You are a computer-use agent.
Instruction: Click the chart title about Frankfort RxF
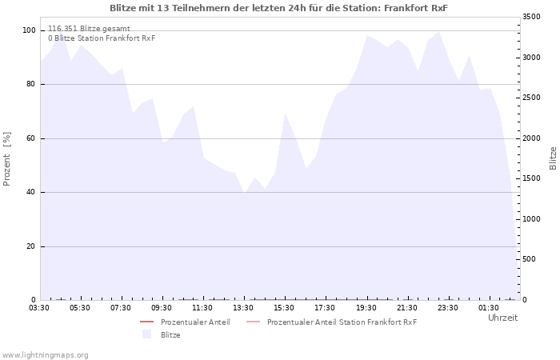(x=278, y=8)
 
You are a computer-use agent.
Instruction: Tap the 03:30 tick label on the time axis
(x=39, y=308)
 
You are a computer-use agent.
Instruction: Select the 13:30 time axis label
(x=243, y=308)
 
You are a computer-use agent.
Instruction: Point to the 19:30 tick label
(x=366, y=308)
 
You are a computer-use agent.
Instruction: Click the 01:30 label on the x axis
(x=489, y=308)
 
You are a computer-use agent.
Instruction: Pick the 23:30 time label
(x=448, y=308)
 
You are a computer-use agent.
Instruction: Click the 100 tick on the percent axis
(x=29, y=30)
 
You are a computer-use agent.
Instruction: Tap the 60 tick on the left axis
(x=30, y=138)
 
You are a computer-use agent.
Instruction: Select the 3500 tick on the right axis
(x=531, y=17)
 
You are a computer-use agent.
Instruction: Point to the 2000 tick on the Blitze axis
(x=531, y=138)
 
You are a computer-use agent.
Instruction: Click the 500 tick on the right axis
(x=529, y=259)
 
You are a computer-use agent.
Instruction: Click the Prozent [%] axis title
(x=6, y=159)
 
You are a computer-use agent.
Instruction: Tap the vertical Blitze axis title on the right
(x=553, y=158)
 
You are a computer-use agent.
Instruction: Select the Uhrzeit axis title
(x=503, y=318)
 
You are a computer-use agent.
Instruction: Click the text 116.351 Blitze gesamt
(x=89, y=29)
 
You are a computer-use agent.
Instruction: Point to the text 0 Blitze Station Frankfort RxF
(x=102, y=38)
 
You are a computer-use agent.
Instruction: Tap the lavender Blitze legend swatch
(x=146, y=334)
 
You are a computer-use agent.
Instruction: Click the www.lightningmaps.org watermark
(x=45, y=355)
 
